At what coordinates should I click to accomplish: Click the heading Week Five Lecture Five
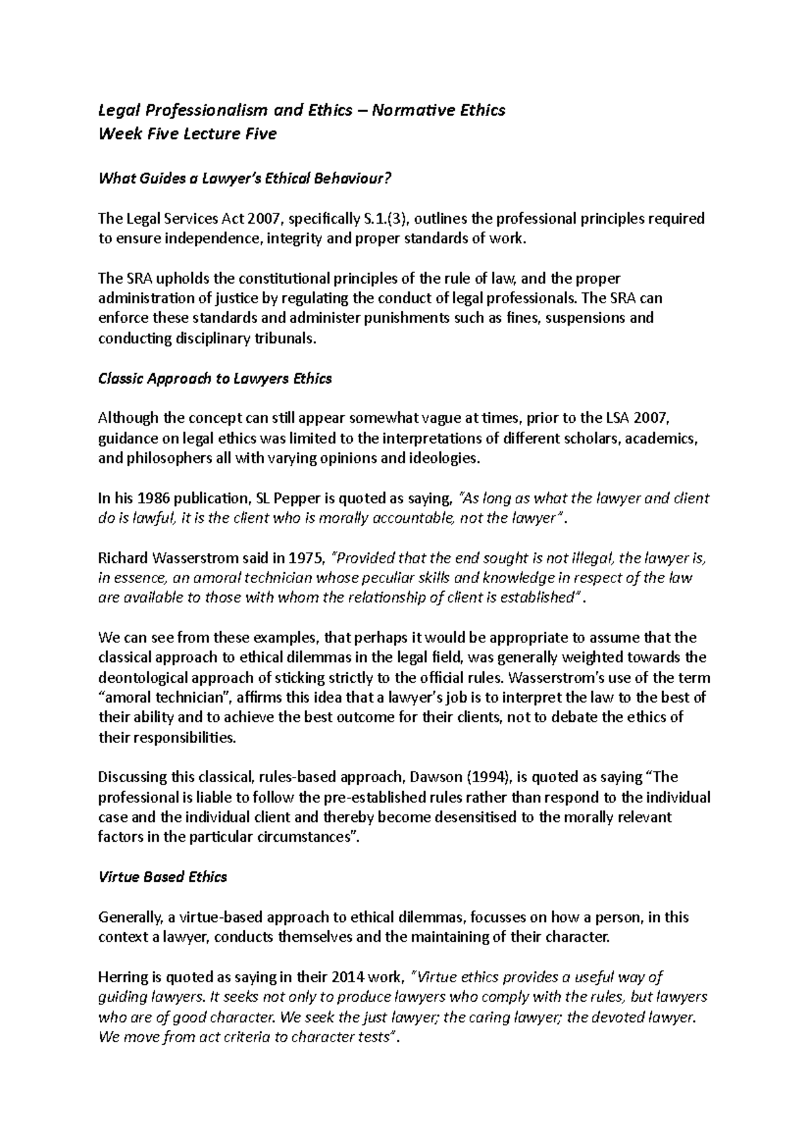[188, 134]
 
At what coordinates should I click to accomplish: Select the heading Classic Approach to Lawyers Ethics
[215, 379]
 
